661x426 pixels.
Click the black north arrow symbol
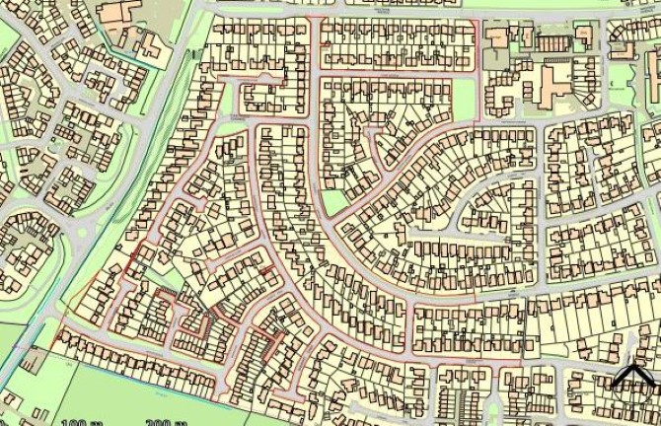pos(631,376)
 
